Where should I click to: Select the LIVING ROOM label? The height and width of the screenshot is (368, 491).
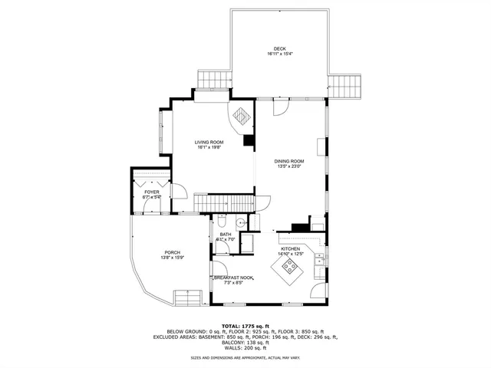tap(208, 142)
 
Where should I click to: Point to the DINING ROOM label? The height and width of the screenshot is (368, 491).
tap(290, 160)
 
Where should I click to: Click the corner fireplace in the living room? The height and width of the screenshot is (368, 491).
tap(241, 117)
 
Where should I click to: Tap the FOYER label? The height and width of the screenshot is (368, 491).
tap(151, 192)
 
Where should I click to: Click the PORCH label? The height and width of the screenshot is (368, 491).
tap(172, 252)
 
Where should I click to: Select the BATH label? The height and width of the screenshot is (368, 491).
tap(225, 235)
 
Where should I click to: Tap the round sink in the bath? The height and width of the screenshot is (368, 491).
tap(240, 223)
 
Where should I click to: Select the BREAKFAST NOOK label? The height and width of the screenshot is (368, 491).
tap(233, 278)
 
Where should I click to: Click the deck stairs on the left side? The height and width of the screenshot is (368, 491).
tap(214, 80)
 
